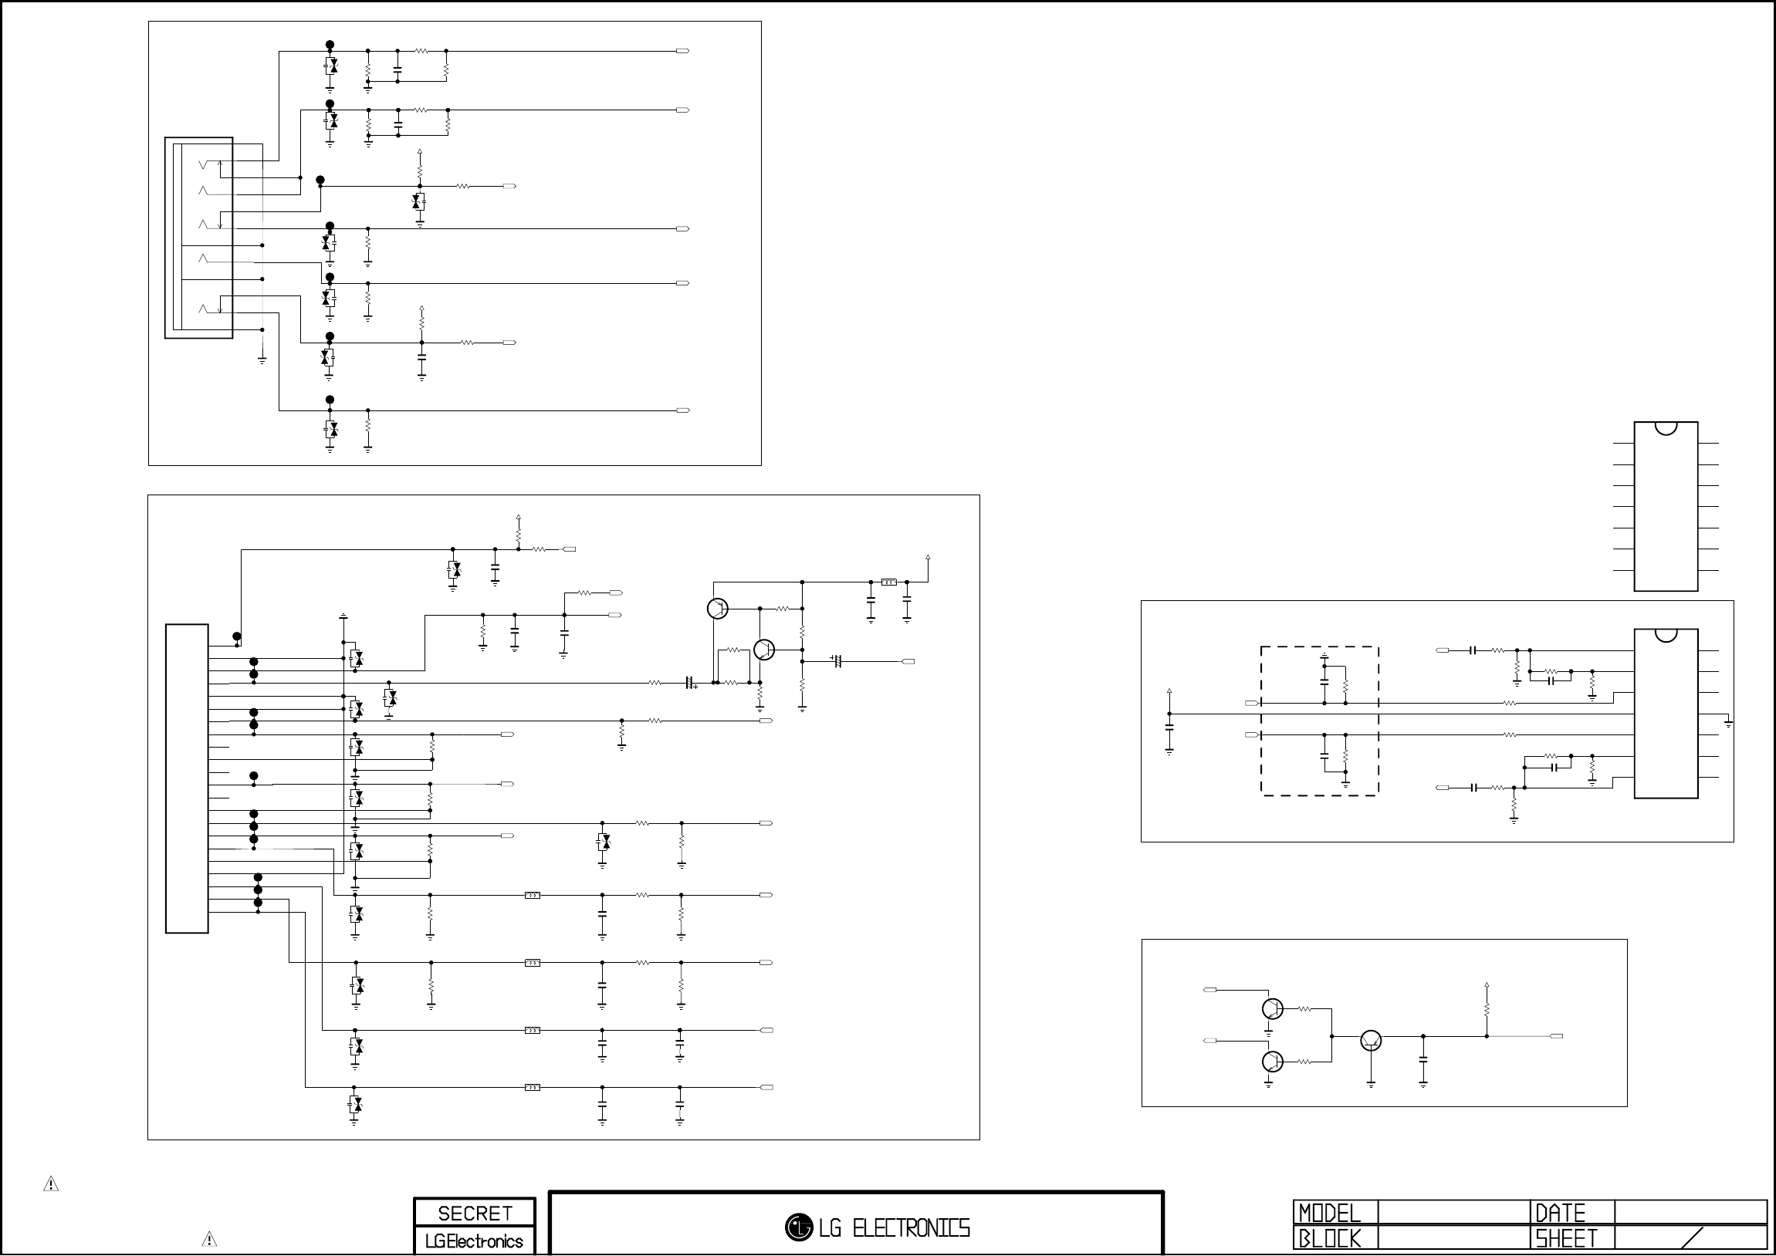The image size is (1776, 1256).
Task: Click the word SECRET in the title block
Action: [x=474, y=1213]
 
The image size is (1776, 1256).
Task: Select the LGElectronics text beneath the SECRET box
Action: [x=474, y=1241]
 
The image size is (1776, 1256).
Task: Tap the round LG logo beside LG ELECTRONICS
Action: [x=798, y=1227]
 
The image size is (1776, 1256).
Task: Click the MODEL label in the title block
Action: [x=1329, y=1213]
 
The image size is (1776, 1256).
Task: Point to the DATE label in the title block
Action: [x=1560, y=1213]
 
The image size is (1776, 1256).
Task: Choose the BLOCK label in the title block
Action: [x=1329, y=1239]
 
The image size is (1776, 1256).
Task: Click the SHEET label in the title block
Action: [x=1565, y=1239]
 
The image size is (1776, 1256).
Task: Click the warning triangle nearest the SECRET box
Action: [x=209, y=1239]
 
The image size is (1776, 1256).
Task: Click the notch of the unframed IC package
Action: [x=1666, y=427]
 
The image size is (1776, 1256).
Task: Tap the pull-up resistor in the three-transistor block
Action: [x=1487, y=1010]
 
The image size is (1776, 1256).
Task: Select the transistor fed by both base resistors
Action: [x=1371, y=1041]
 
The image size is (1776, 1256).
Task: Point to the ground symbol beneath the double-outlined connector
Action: [x=262, y=360]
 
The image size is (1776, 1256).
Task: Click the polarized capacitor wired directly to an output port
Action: [x=836, y=661]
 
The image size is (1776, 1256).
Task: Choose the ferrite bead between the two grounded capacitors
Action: [x=889, y=582]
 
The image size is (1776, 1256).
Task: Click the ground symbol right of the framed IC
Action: [x=1728, y=724]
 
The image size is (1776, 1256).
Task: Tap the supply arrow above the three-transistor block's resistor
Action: [x=1487, y=986]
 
